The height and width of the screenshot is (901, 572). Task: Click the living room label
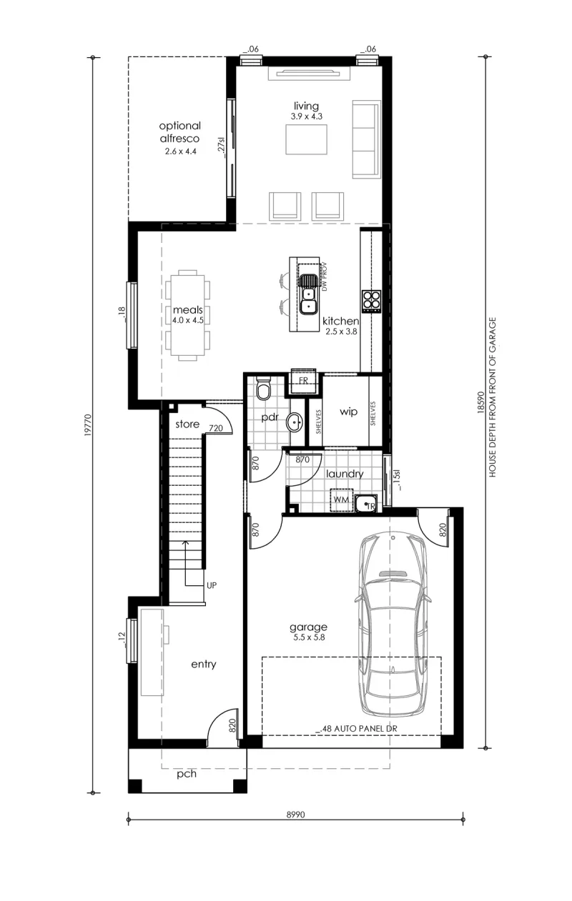coord(306,106)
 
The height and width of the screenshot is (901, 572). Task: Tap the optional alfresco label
coord(179,132)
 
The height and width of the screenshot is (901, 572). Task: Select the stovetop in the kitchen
coord(372,302)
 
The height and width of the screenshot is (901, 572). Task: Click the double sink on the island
coord(308,294)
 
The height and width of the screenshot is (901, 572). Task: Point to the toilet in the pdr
coord(264,388)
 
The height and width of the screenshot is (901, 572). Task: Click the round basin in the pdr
coord(295,422)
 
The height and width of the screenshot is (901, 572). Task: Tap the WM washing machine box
coord(341,500)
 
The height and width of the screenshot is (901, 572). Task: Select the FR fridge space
coord(303,380)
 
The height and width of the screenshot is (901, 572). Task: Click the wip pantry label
coord(348,412)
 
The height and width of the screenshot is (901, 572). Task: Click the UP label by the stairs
coord(212,586)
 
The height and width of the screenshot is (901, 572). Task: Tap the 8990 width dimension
coord(296,815)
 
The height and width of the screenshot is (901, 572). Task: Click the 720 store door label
coord(216,428)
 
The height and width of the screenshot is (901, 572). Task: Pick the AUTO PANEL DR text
coord(365,728)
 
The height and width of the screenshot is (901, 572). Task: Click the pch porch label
coord(187,774)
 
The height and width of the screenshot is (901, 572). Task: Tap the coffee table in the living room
coord(306,139)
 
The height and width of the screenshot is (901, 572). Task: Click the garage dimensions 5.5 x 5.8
coord(308,637)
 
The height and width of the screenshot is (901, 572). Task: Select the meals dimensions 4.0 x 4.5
coord(188,320)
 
